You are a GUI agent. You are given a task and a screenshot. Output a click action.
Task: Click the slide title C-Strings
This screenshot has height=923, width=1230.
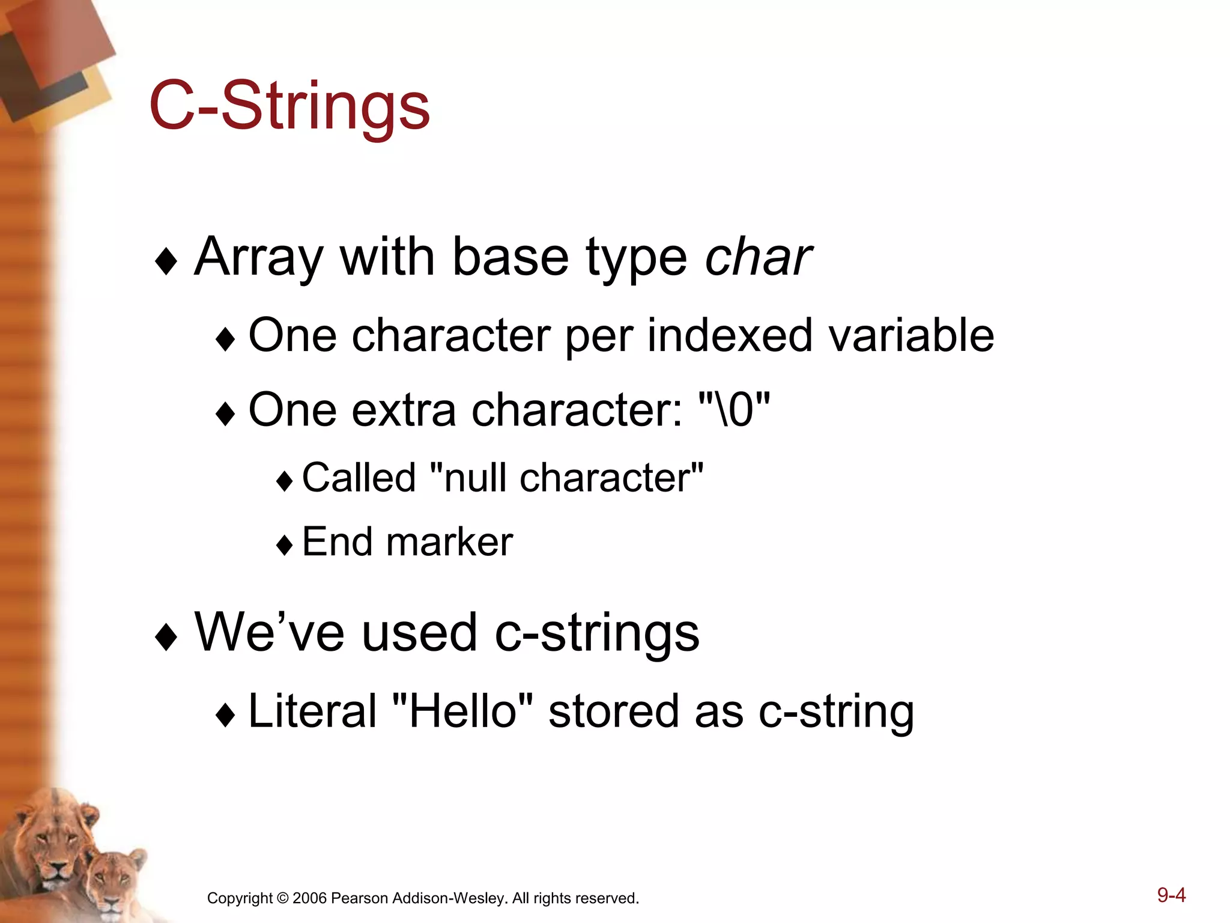pos(289,107)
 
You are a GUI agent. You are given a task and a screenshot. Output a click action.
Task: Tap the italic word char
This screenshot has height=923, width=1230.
pos(757,257)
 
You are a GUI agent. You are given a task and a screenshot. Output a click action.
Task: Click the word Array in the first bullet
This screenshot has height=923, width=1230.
pos(259,257)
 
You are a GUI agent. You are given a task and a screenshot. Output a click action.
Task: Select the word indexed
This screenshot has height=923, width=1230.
pos(730,335)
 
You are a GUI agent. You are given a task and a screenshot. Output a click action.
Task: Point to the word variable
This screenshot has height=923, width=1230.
pos(911,335)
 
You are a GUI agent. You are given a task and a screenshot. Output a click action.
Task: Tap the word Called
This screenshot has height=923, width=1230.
pos(359,478)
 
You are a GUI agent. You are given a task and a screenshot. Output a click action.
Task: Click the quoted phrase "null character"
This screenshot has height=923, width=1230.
pos(567,478)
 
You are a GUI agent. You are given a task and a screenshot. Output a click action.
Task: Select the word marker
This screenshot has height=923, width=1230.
pos(449,542)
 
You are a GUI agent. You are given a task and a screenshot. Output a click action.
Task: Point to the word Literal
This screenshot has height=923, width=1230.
pos(312,711)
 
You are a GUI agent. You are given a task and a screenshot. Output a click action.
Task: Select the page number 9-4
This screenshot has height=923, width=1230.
pos(1171,895)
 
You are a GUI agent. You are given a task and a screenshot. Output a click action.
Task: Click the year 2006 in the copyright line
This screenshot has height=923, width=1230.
pos(309,898)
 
